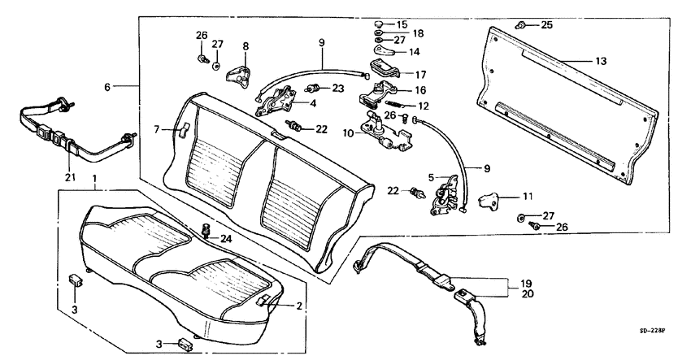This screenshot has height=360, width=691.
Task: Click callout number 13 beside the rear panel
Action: [601, 61]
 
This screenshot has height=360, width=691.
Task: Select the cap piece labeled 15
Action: [379, 24]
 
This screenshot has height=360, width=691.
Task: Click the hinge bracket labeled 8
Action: [238, 76]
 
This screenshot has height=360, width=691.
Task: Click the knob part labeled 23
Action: [312, 89]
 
